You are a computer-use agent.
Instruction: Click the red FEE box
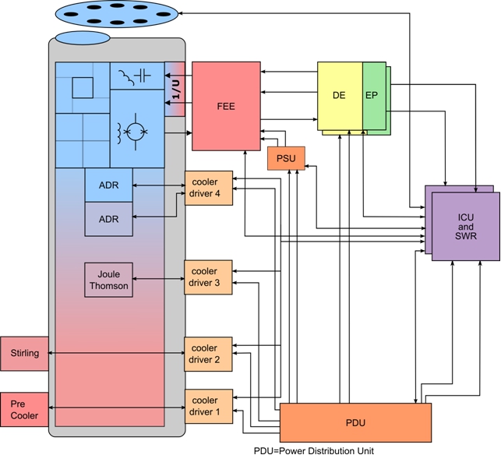(226, 106)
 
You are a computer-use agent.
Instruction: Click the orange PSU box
(286, 158)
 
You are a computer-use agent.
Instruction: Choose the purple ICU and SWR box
(466, 226)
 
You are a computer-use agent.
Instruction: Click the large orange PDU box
(355, 423)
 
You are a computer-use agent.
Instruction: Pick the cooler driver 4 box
(208, 187)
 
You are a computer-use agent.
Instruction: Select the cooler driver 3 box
(208, 277)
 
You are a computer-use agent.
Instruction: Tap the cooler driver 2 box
(208, 354)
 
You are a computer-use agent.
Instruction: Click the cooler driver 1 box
(208, 406)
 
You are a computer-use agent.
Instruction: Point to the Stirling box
(24, 354)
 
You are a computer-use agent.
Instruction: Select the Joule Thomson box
(108, 280)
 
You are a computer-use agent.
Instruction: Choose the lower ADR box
(108, 219)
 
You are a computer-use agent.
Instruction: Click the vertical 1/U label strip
(175, 90)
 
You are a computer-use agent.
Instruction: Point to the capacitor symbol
(142, 76)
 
